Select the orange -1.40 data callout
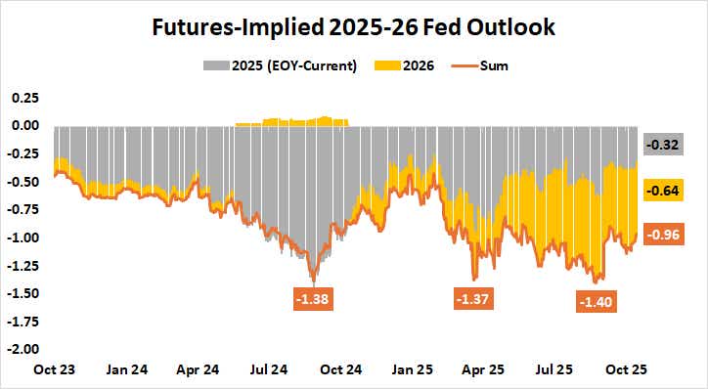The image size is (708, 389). [597, 302]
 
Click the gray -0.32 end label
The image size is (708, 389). [660, 146]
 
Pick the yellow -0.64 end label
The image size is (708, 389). [660, 192]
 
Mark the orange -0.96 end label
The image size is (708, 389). [660, 235]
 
